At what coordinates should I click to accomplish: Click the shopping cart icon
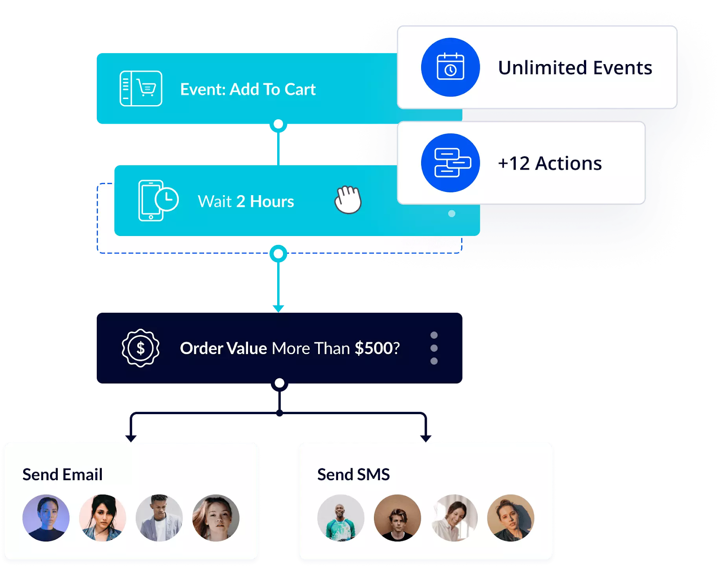click(x=141, y=88)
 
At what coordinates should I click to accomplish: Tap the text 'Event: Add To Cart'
click(x=248, y=90)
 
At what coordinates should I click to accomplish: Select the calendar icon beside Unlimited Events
click(x=450, y=67)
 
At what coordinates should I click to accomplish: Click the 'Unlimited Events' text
click(x=575, y=68)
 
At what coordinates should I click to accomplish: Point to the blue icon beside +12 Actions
click(x=450, y=163)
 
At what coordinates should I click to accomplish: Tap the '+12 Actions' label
click(x=550, y=163)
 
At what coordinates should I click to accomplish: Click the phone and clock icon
click(x=158, y=200)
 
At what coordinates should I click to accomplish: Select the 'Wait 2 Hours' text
click(x=246, y=201)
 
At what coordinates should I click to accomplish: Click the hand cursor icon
click(x=348, y=200)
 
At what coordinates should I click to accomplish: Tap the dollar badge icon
click(x=140, y=348)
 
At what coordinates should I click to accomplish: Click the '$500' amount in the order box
click(x=373, y=348)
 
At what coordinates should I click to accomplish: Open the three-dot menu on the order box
click(x=434, y=348)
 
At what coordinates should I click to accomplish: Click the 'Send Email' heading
click(x=63, y=474)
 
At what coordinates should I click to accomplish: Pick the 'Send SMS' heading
click(x=354, y=474)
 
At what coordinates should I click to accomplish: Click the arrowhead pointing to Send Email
click(x=131, y=438)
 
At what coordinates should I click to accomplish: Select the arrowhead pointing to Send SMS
click(x=426, y=438)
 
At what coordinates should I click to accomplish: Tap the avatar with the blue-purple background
click(x=46, y=518)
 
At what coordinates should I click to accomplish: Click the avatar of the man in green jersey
click(x=341, y=518)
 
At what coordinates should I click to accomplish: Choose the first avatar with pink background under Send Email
click(x=103, y=518)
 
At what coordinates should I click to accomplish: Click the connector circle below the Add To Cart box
click(x=279, y=124)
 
